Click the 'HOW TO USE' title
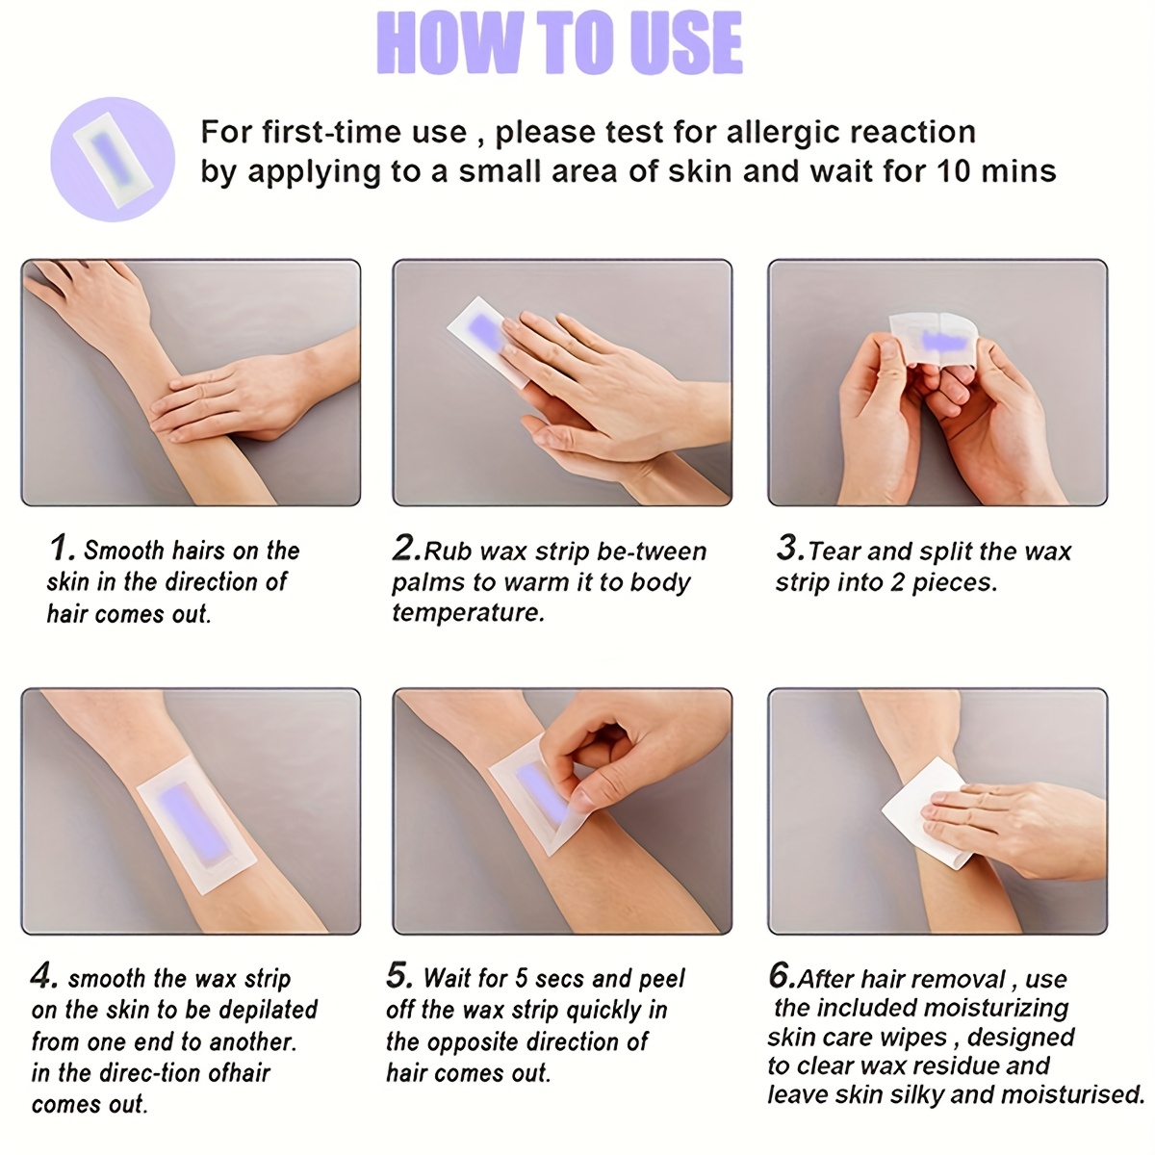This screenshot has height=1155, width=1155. click(559, 42)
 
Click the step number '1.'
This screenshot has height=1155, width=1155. click(62, 549)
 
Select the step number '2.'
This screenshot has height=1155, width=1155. click(406, 549)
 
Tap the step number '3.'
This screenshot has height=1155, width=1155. click(789, 549)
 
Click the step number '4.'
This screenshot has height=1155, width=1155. click(44, 977)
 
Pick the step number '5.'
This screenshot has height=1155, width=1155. click(399, 976)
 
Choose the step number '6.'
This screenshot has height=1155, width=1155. click(781, 976)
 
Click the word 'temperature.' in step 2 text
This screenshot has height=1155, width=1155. click(468, 613)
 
